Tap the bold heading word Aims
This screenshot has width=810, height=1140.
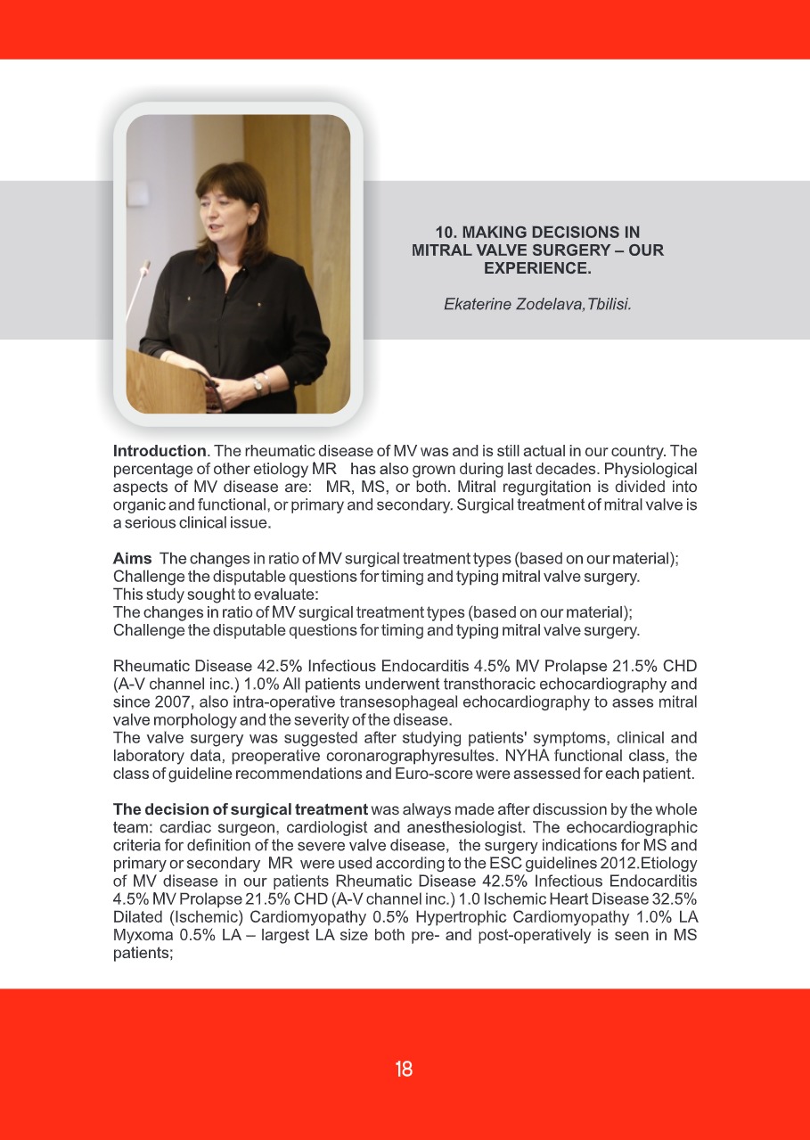click(132, 559)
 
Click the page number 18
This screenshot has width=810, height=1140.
click(404, 1070)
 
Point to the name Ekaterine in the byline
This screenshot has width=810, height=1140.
click(476, 304)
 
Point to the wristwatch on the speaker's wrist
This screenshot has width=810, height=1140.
click(258, 382)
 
